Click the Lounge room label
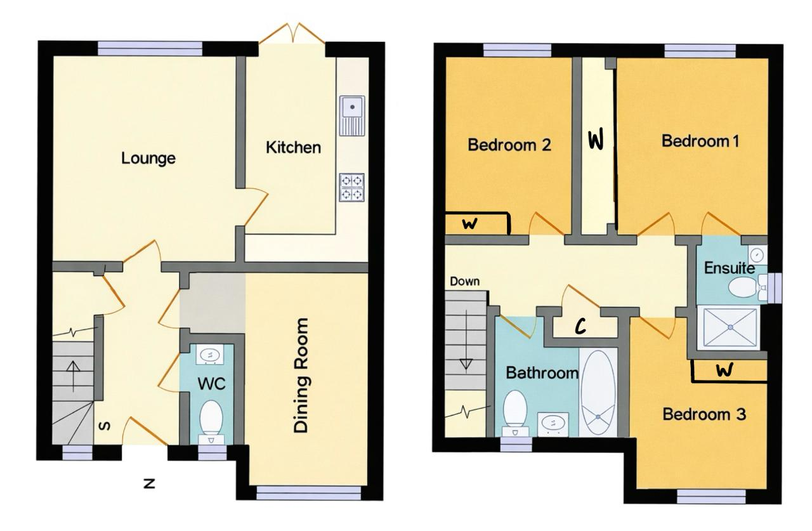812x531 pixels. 148,159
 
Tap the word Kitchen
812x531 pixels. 293,148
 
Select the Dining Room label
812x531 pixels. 301,376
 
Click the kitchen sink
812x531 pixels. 352,115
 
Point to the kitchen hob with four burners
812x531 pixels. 351,187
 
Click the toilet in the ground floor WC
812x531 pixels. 211,422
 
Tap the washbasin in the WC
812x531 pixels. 210,354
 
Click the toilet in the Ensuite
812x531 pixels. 747,287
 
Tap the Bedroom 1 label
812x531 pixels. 700,141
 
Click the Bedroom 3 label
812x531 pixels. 704,414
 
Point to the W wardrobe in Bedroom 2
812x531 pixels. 478,224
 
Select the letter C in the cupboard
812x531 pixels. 580,327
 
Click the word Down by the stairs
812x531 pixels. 465,281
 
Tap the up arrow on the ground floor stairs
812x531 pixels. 73,376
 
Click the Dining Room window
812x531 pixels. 309,493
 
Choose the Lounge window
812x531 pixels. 150,48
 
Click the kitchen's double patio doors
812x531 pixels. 292,34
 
